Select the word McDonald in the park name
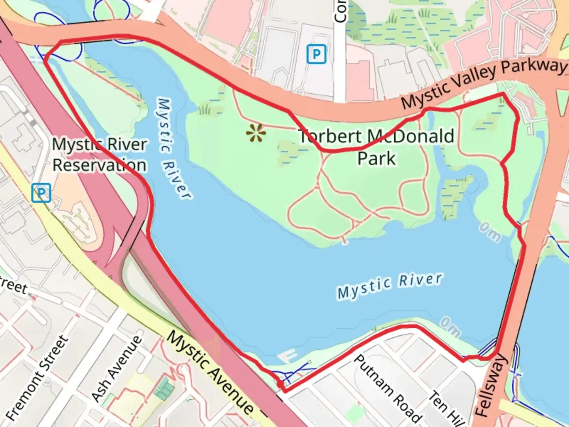pyautogui.click(x=411, y=137)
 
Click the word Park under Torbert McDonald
pyautogui.click(x=376, y=159)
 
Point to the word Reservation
pyautogui.click(x=99, y=165)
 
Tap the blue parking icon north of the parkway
pyautogui.click(x=317, y=54)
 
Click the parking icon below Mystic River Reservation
pyautogui.click(x=41, y=193)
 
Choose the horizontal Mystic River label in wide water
pyautogui.click(x=390, y=286)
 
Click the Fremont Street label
pyautogui.click(x=38, y=377)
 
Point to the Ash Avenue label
pyautogui.click(x=117, y=368)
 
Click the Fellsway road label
pyautogui.click(x=490, y=385)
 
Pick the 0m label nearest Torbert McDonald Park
pyautogui.click(x=490, y=231)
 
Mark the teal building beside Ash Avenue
pyautogui.click(x=164, y=388)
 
